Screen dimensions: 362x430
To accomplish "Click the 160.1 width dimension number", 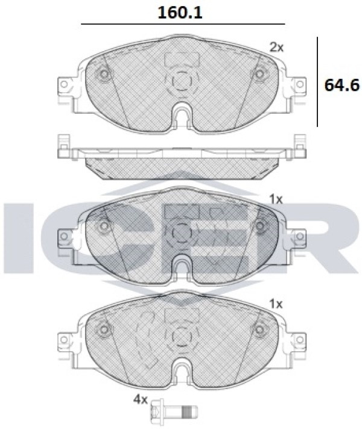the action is pyautogui.click(x=180, y=13).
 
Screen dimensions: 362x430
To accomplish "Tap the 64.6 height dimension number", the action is pyautogui.click(x=341, y=85).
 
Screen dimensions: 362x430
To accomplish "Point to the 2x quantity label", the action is pyautogui.click(x=276, y=48).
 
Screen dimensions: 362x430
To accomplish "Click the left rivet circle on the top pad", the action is pyautogui.click(x=104, y=74).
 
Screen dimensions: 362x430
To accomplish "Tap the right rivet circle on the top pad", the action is pyautogui.click(x=259, y=74).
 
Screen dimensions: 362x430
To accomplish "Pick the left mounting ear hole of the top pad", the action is pyautogui.click(x=64, y=84).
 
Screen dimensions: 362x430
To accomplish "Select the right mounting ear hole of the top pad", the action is pyautogui.click(x=300, y=84).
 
